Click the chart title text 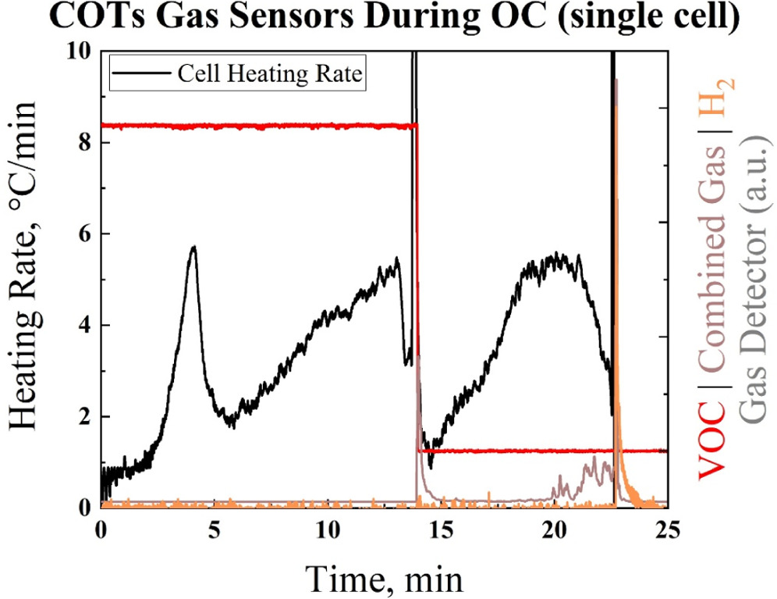pyautogui.click(x=388, y=18)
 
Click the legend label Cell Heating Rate pyautogui.click(x=271, y=75)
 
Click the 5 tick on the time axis pyautogui.click(x=215, y=529)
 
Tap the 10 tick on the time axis pyautogui.click(x=328, y=529)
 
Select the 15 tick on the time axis pyautogui.click(x=442, y=529)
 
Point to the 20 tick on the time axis pyautogui.click(x=555, y=529)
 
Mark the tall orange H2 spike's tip pyautogui.click(x=616, y=80)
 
